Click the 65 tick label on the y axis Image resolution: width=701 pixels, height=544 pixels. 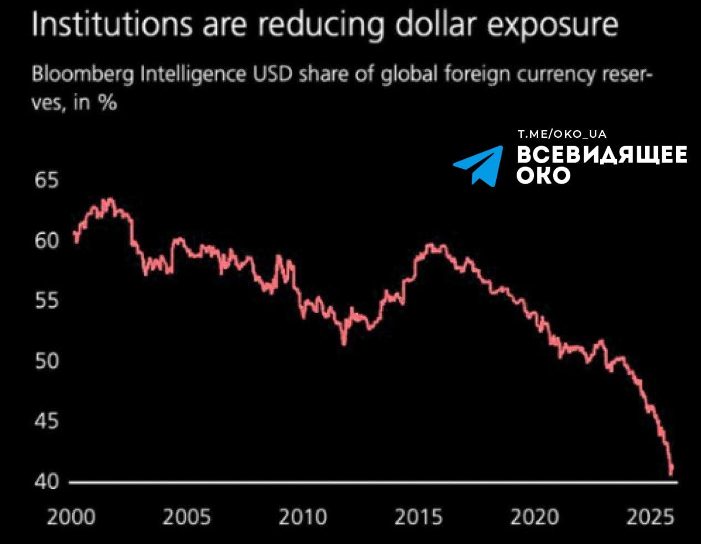[x=47, y=180]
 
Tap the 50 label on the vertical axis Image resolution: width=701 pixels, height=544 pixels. [x=47, y=361]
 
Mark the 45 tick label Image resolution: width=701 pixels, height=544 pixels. [x=47, y=421]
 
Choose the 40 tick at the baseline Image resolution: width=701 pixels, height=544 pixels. [x=47, y=481]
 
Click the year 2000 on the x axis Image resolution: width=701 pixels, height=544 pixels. [x=71, y=517]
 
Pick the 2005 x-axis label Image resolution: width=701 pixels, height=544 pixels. [x=187, y=517]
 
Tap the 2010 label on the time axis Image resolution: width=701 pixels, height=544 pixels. [x=302, y=517]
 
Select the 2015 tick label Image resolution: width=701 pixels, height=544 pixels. [x=418, y=517]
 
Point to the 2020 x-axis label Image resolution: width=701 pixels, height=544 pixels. [x=534, y=517]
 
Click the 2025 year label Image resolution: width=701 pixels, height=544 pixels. [x=650, y=517]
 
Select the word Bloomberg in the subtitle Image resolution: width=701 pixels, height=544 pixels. [x=83, y=75]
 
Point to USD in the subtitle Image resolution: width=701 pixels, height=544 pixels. [x=272, y=74]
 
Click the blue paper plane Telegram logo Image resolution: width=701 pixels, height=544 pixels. [x=479, y=165]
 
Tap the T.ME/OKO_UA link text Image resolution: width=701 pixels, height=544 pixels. [x=561, y=134]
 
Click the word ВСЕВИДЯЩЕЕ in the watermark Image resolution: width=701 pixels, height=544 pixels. [x=602, y=154]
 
